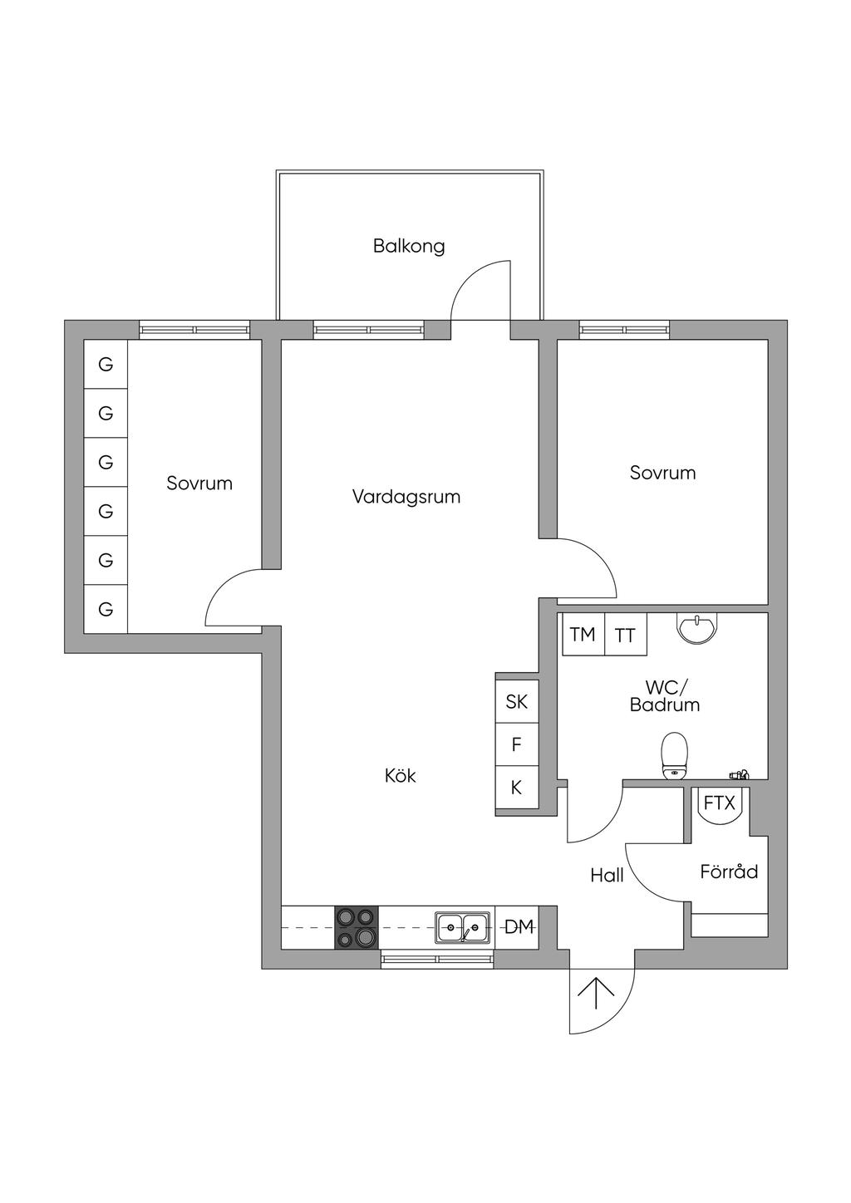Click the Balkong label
[409, 246]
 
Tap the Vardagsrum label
[406, 497]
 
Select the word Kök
[400, 776]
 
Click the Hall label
[607, 875]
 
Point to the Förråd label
[729, 872]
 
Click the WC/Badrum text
[665, 696]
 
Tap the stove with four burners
[356, 927]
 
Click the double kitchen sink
[463, 927]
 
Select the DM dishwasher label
[519, 927]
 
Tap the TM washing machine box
[583, 635]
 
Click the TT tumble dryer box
[625, 636]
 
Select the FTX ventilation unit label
[720, 803]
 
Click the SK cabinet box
[516, 702]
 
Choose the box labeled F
[516, 745]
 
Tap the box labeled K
[516, 788]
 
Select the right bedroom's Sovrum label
[662, 473]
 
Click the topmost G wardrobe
[106, 364]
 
